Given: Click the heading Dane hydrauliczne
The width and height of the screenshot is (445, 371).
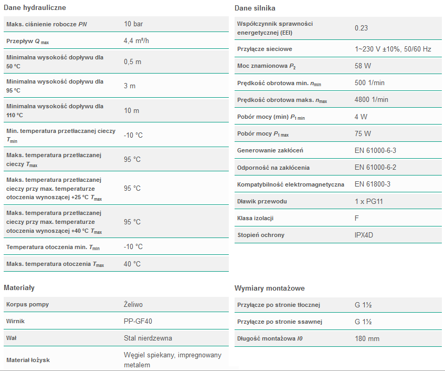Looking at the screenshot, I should pos(35,8).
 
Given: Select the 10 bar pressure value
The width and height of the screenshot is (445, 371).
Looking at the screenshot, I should pos(134,24).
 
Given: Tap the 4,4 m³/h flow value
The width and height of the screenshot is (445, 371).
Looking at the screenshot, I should pos(136,41).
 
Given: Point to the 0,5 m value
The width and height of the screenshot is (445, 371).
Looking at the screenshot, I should pos(133,61).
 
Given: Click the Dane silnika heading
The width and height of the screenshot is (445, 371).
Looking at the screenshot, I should pos(255,8).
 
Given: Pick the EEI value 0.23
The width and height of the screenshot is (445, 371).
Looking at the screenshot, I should pos(361,28).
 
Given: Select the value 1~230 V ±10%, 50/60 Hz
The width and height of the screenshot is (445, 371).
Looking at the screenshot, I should pos(393,49).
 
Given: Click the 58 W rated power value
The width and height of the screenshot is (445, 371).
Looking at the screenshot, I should pos(363,66).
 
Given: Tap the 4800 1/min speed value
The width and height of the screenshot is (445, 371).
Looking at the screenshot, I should pos(371,100).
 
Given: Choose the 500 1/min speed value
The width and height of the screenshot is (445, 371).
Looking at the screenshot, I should pos(369,83).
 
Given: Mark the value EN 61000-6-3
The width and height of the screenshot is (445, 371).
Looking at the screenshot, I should pos(375,151).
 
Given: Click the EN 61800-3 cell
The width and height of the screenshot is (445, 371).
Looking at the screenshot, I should pos(372,184).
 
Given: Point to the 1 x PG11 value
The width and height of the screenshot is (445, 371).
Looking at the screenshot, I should pos(369,201).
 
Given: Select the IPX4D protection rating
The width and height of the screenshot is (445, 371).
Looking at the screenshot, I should pos(365,235).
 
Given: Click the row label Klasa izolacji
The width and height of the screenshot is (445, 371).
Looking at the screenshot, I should pos(256,218).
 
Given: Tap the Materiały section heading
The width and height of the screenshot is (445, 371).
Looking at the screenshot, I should pos(19,288).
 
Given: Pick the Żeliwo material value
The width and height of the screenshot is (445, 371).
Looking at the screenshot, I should pos(133,304).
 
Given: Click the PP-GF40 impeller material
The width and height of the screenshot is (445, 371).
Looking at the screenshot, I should pos(138,321).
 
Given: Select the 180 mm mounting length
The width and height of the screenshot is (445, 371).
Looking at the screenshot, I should pos(367,338).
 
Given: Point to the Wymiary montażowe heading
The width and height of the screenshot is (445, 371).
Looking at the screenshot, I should pos(269,288).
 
